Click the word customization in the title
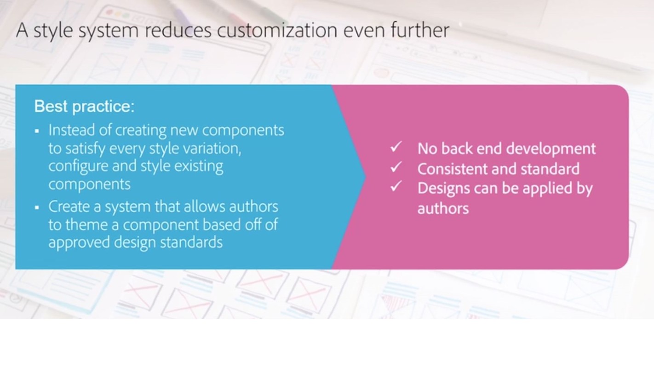(x=277, y=30)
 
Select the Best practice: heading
(x=84, y=106)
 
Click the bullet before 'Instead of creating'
(x=37, y=131)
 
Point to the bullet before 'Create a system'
(x=37, y=207)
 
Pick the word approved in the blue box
(x=79, y=243)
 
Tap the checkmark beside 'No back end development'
(x=396, y=147)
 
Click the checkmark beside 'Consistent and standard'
(x=396, y=167)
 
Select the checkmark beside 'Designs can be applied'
(x=396, y=187)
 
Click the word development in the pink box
(x=551, y=149)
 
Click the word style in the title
(x=53, y=31)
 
